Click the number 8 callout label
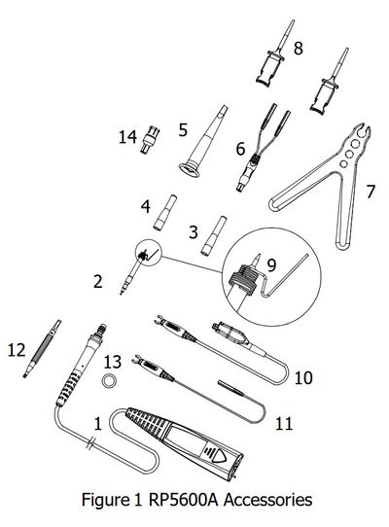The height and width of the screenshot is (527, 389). (298, 48)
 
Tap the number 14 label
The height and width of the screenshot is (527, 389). (127, 137)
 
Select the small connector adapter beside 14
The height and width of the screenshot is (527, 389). (150, 139)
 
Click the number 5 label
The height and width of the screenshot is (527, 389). (183, 129)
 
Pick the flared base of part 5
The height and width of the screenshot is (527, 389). (189, 169)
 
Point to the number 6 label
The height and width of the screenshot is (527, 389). (240, 149)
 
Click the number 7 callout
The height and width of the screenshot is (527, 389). (370, 192)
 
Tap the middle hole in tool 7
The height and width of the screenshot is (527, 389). (350, 155)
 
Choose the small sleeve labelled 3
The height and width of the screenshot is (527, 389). (212, 236)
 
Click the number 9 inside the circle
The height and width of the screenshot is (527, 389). (271, 264)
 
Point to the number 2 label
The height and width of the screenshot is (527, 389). (98, 281)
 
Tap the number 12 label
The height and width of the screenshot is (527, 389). (17, 350)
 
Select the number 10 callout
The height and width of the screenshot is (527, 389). (303, 378)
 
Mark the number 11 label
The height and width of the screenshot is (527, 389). (284, 424)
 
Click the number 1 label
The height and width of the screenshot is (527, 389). (98, 424)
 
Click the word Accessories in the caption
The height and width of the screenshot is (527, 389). (268, 500)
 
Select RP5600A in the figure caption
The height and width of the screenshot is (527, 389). (184, 500)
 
